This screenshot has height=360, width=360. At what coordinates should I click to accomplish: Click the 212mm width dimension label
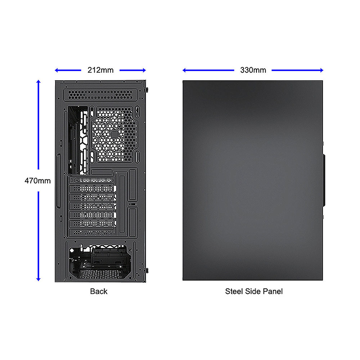[x=100, y=70]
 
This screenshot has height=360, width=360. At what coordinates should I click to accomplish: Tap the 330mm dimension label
[x=253, y=70]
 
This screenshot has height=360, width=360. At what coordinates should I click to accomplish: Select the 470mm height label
[x=38, y=181]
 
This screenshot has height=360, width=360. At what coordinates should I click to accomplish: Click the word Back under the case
[x=99, y=291]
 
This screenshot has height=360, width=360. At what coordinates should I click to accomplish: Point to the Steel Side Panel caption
[x=254, y=291]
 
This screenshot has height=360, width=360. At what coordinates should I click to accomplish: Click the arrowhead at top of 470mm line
[x=39, y=81]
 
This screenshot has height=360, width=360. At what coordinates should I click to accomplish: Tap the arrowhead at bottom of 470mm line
[x=39, y=279]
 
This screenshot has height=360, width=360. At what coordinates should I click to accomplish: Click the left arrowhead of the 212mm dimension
[x=57, y=70]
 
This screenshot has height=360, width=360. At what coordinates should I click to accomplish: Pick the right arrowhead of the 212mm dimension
[x=144, y=70]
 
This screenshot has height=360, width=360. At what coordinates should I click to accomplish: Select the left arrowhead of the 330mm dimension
[x=184, y=70]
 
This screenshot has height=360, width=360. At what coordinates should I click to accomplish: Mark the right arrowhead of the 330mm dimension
[x=321, y=70]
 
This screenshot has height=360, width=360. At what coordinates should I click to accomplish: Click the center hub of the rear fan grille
[x=114, y=134]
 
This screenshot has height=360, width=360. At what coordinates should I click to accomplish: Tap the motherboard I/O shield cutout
[x=78, y=140]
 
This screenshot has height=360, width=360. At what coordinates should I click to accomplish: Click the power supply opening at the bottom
[x=100, y=262]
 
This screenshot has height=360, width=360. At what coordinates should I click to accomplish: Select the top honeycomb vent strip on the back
[x=100, y=95]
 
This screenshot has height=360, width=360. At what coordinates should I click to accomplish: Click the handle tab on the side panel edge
[x=324, y=180]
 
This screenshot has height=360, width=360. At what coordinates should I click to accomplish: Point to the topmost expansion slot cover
[x=91, y=180]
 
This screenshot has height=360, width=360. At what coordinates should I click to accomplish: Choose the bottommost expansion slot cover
[x=91, y=232]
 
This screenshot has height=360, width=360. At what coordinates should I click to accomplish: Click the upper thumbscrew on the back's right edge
[x=147, y=89]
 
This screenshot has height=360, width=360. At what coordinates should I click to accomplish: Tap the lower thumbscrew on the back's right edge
[x=147, y=270]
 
